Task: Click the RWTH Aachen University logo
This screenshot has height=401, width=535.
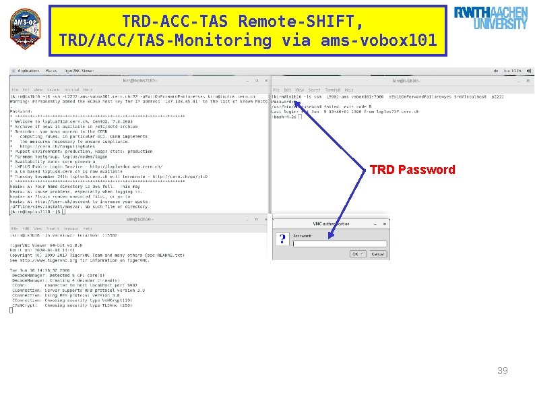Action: coord(491,19)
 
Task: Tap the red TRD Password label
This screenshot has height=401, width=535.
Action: coord(412,170)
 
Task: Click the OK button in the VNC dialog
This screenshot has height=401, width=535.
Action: coord(357,254)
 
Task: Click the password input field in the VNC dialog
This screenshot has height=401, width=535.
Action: coord(340,244)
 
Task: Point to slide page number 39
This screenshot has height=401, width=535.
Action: coord(502,371)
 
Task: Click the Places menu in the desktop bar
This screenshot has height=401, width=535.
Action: coord(51,70)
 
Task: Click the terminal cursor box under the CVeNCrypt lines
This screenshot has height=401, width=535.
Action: coord(11,310)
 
